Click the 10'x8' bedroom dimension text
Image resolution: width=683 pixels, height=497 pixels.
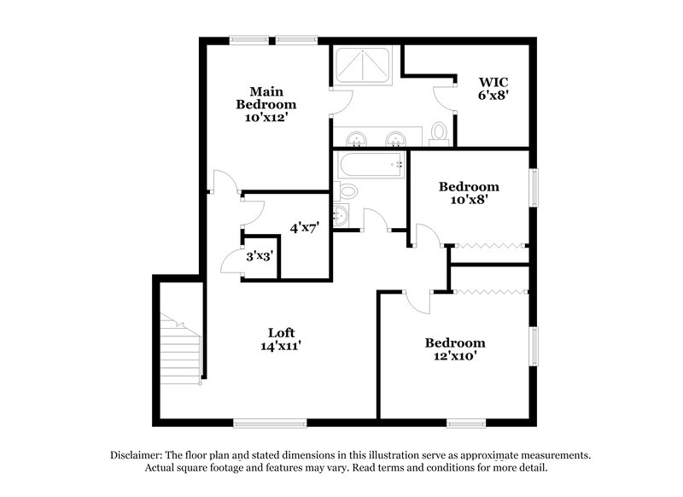point(468,202)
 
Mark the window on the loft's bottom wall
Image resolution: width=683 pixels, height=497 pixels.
point(270,421)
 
